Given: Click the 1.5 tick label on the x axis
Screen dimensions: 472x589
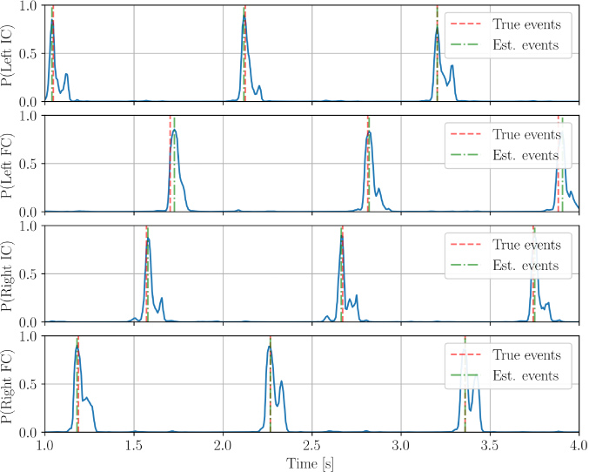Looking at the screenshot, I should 134,445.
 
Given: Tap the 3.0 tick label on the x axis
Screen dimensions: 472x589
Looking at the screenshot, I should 400,445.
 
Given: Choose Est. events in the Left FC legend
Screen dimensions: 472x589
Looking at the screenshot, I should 525,156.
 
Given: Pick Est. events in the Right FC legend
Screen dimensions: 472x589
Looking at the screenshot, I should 525,376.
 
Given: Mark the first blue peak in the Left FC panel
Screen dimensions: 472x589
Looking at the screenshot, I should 175,130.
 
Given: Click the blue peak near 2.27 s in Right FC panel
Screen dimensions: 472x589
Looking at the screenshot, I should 271,347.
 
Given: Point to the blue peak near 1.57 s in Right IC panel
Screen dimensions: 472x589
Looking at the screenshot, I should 149,239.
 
